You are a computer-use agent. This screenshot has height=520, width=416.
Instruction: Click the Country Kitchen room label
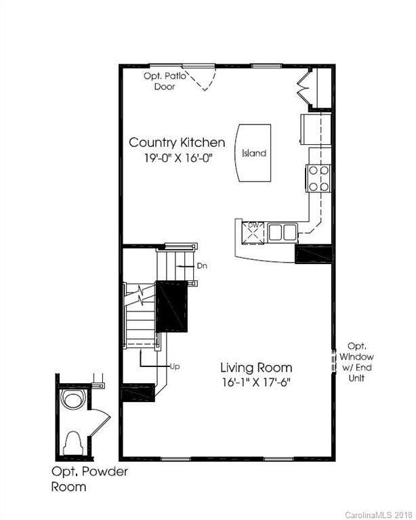tap(177, 142)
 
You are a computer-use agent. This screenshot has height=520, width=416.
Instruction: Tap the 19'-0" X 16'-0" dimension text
tap(177, 160)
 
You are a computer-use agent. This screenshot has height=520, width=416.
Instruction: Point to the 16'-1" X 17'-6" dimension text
tap(261, 383)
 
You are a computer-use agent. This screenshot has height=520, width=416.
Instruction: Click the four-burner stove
tap(318, 177)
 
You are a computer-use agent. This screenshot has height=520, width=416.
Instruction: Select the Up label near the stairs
tap(174, 366)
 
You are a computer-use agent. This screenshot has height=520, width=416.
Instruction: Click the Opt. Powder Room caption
tap(89, 479)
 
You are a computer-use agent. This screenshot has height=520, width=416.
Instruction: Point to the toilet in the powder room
tap(72, 442)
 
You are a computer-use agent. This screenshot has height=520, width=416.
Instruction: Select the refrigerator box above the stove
tap(316, 129)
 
